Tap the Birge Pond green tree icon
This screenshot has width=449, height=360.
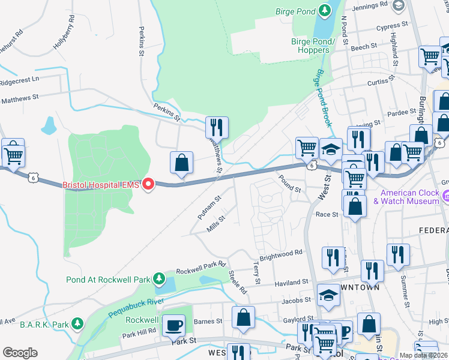tap(325, 10)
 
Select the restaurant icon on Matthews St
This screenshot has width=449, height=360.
tap(217, 127)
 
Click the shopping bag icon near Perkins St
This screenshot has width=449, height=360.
tap(181, 163)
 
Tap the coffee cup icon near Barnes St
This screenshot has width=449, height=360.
tap(174, 325)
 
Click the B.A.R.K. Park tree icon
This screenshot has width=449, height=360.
tap(77, 324)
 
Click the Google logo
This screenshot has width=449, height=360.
tap(20, 352)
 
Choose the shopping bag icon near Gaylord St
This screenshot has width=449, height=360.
tap(244, 317)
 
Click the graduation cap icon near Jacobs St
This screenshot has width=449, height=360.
tap(328, 295)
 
